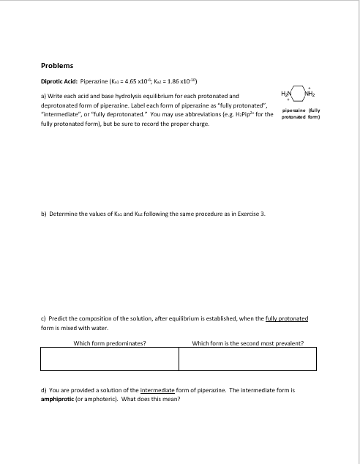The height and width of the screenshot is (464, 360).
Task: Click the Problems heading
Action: tap(57, 66)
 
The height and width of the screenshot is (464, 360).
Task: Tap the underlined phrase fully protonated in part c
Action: tap(284, 320)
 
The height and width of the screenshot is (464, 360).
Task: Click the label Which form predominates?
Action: tap(110, 342)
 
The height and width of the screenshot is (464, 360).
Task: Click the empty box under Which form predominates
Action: tap(110, 359)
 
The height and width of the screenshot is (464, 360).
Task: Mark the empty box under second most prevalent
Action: tap(247, 359)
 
